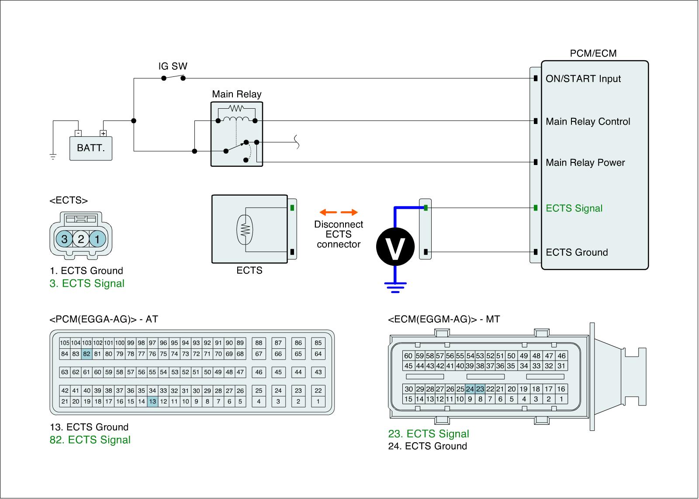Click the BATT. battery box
(91, 148)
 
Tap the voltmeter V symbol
(395, 247)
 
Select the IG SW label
(173, 66)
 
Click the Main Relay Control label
(588, 121)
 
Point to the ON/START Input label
(583, 79)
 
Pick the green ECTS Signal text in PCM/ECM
(574, 208)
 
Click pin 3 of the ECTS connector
(64, 239)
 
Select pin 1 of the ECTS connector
(97, 239)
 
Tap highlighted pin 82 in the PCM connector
(87, 354)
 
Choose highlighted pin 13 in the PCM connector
(152, 401)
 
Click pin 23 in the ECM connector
(480, 389)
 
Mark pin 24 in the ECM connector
(470, 389)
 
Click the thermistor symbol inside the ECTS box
(245, 230)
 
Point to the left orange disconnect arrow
(328, 213)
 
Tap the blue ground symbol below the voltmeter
(395, 287)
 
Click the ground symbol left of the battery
(53, 157)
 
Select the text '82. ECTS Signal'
(90, 440)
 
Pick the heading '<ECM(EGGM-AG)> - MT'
(443, 319)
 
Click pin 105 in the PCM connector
(65, 343)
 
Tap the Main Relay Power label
(585, 162)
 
